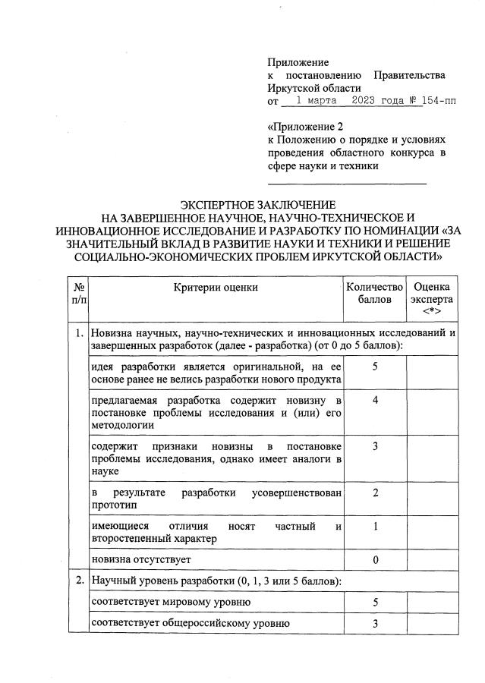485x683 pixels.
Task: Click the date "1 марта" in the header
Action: tap(317, 100)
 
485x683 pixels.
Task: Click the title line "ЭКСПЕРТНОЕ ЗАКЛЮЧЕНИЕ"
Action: tap(257, 205)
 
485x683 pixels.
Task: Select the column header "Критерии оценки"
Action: tap(216, 287)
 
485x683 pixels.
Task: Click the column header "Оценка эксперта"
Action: tap(432, 299)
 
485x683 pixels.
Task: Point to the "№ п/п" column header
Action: tap(78, 293)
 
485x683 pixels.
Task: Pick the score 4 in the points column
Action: tap(375, 400)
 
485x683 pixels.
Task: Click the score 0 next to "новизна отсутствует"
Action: tap(375, 559)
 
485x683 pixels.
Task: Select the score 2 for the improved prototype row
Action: tap(375, 493)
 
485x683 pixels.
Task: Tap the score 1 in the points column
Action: tap(375, 527)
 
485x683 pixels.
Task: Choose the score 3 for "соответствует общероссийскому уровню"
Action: tap(375, 624)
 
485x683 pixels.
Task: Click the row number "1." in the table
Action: tap(78, 333)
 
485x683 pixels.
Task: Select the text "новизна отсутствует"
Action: tap(140, 559)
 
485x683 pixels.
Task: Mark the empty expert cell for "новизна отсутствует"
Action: tap(432, 559)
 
